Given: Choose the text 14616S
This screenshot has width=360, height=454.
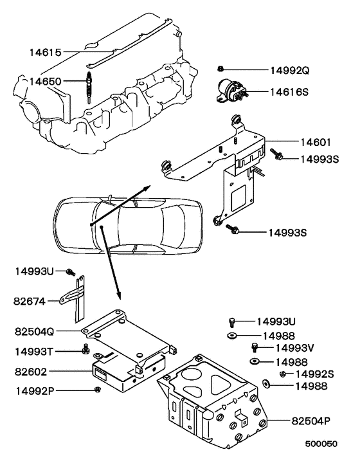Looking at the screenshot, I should (289, 93).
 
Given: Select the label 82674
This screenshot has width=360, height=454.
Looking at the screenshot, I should (30, 300).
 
